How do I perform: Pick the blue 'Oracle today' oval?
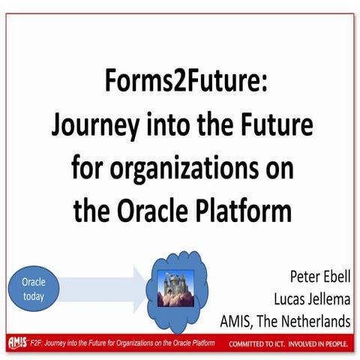point(32,288)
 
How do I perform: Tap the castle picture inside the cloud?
point(175,286)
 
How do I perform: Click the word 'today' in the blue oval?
point(32,295)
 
